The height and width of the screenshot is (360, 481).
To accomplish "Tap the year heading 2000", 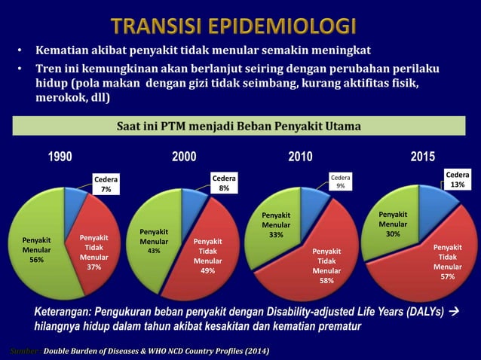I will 185,157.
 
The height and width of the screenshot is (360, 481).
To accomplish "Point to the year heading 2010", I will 301,157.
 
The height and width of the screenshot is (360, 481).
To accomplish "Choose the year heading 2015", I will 423,157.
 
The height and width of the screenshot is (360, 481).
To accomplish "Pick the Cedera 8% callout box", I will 224,184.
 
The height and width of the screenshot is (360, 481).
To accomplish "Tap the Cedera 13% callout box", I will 458,178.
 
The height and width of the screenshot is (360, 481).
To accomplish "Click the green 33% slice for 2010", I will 274,226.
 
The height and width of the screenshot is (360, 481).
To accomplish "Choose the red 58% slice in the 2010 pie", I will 326,264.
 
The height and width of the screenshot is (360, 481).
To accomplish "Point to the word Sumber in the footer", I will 20,351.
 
